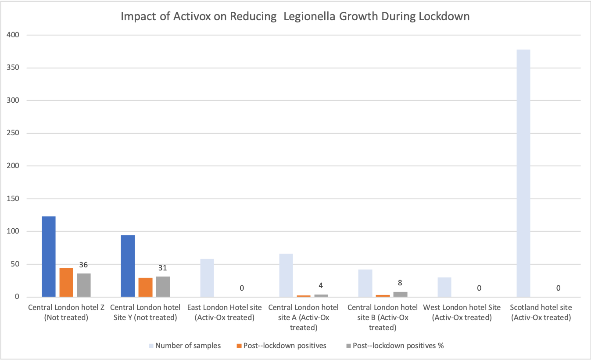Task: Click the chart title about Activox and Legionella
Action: click(x=295, y=17)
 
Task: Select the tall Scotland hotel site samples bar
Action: click(x=523, y=173)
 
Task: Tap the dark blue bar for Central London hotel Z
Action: click(x=49, y=257)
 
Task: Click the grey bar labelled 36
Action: click(x=84, y=285)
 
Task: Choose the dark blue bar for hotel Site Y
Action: click(x=128, y=266)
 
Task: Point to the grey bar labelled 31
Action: click(x=163, y=286)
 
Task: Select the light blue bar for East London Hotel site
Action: click(x=207, y=278)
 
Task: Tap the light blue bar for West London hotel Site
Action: click(x=444, y=287)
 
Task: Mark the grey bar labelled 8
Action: click(x=400, y=294)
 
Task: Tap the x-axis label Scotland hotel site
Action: click(x=541, y=312)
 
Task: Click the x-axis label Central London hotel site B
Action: click(x=383, y=317)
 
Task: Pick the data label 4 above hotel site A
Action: click(x=321, y=285)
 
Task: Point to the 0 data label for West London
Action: click(x=479, y=288)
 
